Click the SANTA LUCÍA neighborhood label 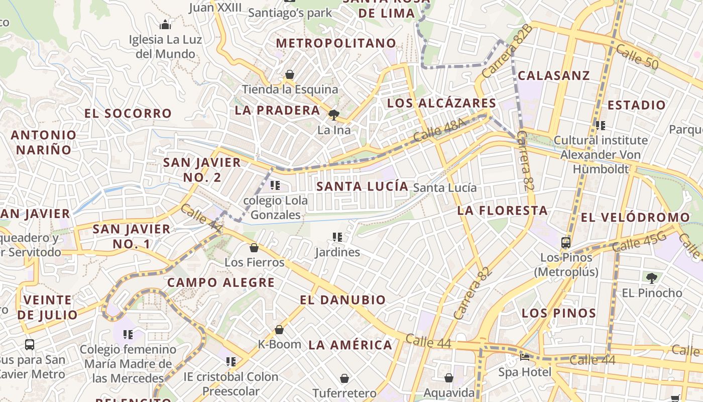click(362, 186)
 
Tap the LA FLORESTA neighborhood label click(502, 211)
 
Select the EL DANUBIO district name click(343, 300)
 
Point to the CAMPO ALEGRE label click(221, 282)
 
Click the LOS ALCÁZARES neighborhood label click(441, 104)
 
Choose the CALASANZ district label click(554, 76)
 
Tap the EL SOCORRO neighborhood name click(128, 114)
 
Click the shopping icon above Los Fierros click(254, 248)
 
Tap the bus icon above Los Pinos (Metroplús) click(566, 242)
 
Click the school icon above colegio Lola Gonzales click(275, 185)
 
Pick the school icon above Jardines click(337, 237)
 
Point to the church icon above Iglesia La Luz click(165, 24)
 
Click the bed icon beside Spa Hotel click(524, 357)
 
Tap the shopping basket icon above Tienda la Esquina click(290, 74)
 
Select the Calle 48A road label click(436, 131)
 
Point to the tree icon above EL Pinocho click(652, 277)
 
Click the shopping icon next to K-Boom click(279, 330)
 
